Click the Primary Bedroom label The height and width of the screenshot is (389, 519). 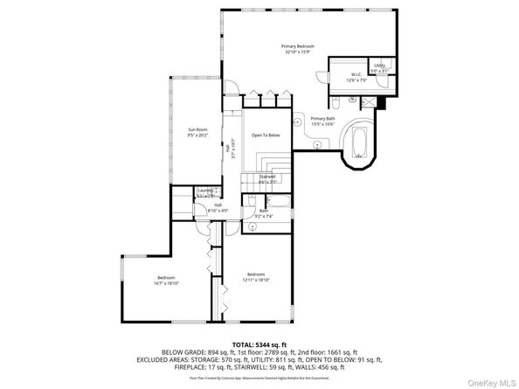click(297, 45)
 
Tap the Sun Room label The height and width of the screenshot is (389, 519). click(197, 130)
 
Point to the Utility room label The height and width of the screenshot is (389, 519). click(379, 66)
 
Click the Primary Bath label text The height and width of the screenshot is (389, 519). click(322, 118)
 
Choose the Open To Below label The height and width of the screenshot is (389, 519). click(266, 135)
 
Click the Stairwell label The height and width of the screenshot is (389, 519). click(267, 176)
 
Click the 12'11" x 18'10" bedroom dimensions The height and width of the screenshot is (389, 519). click(256, 280)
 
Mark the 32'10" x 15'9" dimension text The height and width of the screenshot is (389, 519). click(297, 52)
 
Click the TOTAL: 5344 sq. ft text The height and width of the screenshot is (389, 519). click(259, 345)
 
